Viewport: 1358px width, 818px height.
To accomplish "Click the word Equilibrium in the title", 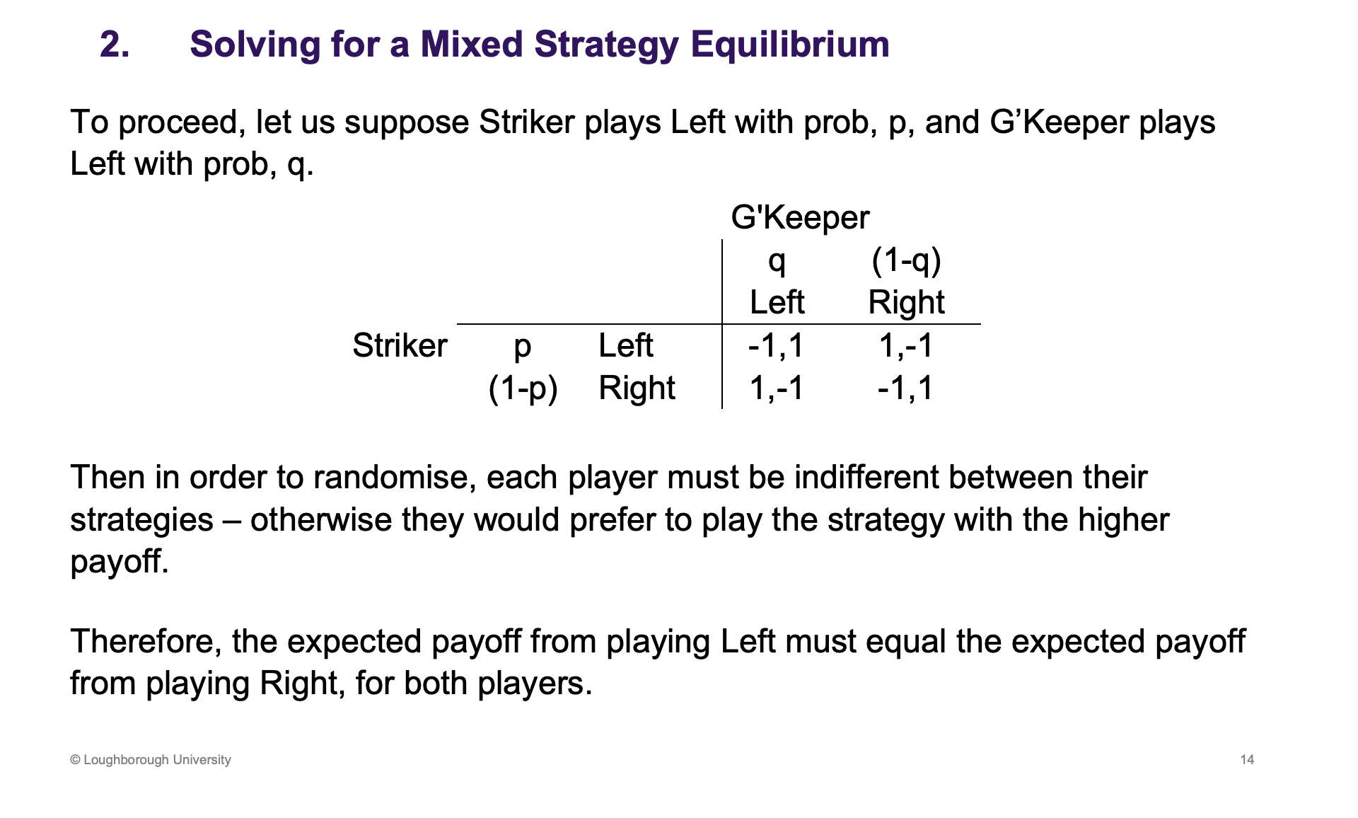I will coord(790,45).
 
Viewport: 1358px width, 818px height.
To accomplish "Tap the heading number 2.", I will coord(115,45).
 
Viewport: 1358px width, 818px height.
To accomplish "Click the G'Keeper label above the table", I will coord(800,217).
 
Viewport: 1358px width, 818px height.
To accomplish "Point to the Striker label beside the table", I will coord(400,345).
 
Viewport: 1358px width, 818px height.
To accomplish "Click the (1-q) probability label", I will coord(906,260).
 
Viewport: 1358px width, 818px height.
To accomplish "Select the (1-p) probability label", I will coord(523,388).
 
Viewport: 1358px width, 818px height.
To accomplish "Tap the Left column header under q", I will coord(777,302).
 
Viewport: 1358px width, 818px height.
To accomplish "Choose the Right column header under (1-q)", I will coord(906,302).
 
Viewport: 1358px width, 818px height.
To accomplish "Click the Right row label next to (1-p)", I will coord(637,388).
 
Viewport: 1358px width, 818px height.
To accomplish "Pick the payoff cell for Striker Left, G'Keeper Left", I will coord(776,345).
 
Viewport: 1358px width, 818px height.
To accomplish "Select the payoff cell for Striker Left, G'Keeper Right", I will coord(906,345).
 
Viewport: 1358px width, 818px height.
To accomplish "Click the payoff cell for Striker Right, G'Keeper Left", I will coord(776,388).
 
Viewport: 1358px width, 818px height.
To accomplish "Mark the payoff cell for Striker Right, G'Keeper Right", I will coord(906,388).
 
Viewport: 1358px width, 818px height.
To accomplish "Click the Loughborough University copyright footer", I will coord(151,759).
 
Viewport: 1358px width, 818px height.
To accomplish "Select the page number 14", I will coord(1247,759).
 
